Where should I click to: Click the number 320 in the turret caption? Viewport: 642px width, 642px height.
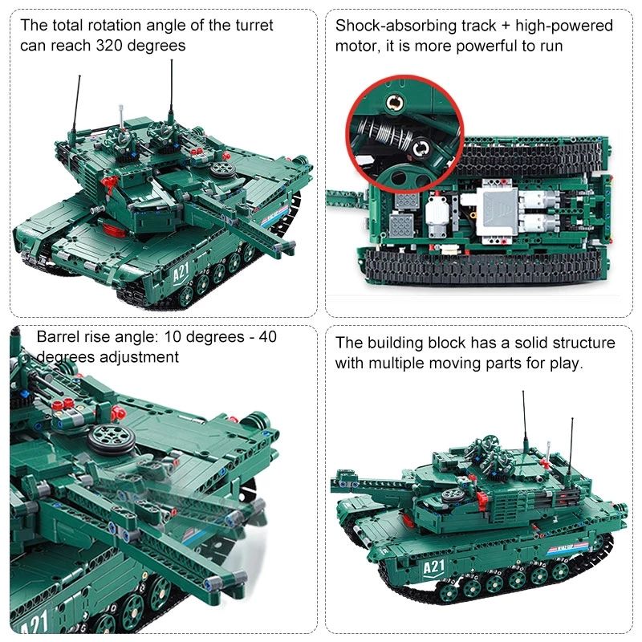111,46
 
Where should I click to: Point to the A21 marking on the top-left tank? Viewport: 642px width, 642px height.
181,271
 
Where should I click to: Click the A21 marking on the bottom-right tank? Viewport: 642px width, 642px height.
433,568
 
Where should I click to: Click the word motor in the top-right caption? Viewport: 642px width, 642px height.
355,47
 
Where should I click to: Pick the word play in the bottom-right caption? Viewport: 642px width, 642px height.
567,364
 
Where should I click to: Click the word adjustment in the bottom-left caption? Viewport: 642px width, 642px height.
139,357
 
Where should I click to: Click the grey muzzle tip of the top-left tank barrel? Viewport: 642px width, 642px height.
286,246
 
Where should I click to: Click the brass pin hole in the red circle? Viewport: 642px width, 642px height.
395,102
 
